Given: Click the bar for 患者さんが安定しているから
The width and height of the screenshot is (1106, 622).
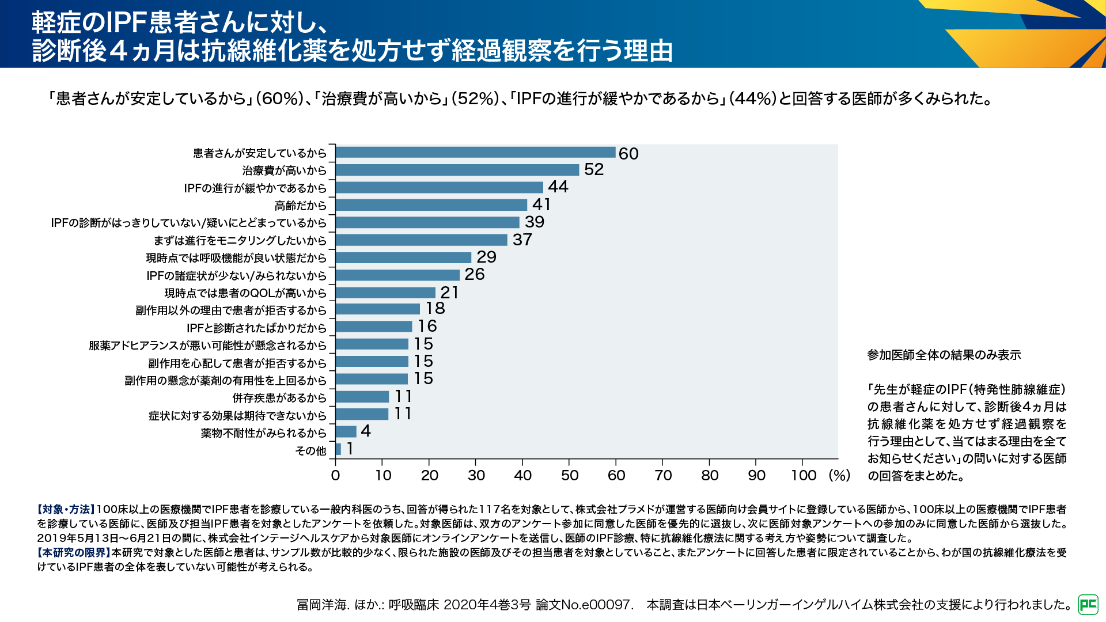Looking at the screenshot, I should point(475,153).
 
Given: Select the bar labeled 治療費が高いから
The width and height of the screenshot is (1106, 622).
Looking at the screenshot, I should point(457,170).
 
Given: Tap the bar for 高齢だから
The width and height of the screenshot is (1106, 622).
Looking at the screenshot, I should point(431,205).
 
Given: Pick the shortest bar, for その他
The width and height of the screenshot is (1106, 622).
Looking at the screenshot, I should point(338,449).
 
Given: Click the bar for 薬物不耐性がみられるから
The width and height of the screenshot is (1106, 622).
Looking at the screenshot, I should point(346,432).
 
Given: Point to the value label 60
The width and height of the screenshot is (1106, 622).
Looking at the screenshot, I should point(628,154).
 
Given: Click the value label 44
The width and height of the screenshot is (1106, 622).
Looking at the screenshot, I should point(558,187).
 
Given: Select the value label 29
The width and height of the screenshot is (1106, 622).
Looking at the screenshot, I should point(487,257).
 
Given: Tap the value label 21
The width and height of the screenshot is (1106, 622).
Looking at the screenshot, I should point(449,293).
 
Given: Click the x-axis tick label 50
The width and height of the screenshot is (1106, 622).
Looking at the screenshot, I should point(569,475).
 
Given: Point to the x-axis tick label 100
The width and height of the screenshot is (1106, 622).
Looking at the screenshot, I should point(804,475).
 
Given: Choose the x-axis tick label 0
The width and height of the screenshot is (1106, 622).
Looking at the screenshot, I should point(335,475).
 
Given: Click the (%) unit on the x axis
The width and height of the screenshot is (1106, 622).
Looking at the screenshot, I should point(839,475).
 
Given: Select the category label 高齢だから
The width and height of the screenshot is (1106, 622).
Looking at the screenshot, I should point(301,206).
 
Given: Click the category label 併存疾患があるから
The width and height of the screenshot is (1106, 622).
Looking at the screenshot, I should point(279,398).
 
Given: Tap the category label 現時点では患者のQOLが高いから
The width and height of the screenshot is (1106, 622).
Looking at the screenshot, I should point(245,293).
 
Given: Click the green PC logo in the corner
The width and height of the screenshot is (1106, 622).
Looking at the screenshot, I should point(1088,604).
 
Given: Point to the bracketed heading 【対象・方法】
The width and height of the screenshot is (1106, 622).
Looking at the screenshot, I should point(66,510).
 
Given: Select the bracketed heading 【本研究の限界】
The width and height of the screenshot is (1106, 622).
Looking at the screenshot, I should point(74,553).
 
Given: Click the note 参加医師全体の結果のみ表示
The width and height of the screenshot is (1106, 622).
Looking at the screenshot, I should point(944,355).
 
